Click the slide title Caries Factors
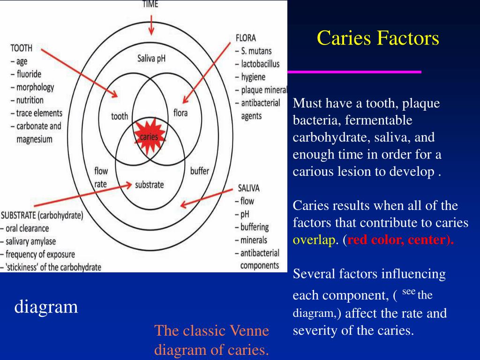(378, 38)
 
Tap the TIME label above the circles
(150, 4)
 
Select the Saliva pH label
(151, 59)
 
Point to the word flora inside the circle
(180, 113)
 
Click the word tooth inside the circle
(120, 116)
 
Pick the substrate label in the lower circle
(149, 184)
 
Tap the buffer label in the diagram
(200, 171)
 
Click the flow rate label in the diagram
(101, 177)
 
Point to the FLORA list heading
(246, 38)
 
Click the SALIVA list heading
(248, 188)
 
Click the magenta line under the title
(354, 72)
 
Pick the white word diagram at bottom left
(46, 307)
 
